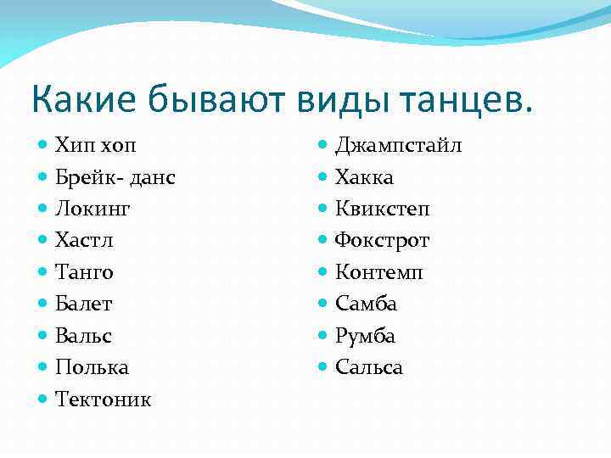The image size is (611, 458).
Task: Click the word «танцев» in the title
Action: (457, 99)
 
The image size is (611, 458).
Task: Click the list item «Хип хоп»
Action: (94, 145)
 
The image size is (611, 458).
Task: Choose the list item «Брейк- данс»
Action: (115, 177)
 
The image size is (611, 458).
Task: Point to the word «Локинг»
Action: (92, 209)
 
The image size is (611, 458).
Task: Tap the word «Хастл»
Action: (84, 240)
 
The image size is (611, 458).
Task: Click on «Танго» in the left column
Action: (84, 272)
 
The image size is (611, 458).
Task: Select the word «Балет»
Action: (83, 304)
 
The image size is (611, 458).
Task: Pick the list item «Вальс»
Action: (83, 336)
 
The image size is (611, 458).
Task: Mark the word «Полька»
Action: (92, 367)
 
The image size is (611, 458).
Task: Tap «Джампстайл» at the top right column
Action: (398, 145)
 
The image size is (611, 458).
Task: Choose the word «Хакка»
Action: (364, 177)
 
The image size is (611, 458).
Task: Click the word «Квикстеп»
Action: (383, 209)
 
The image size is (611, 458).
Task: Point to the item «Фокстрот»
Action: (382, 240)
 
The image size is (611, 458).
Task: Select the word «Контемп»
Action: (378, 272)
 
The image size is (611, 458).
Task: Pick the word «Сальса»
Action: (369, 367)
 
